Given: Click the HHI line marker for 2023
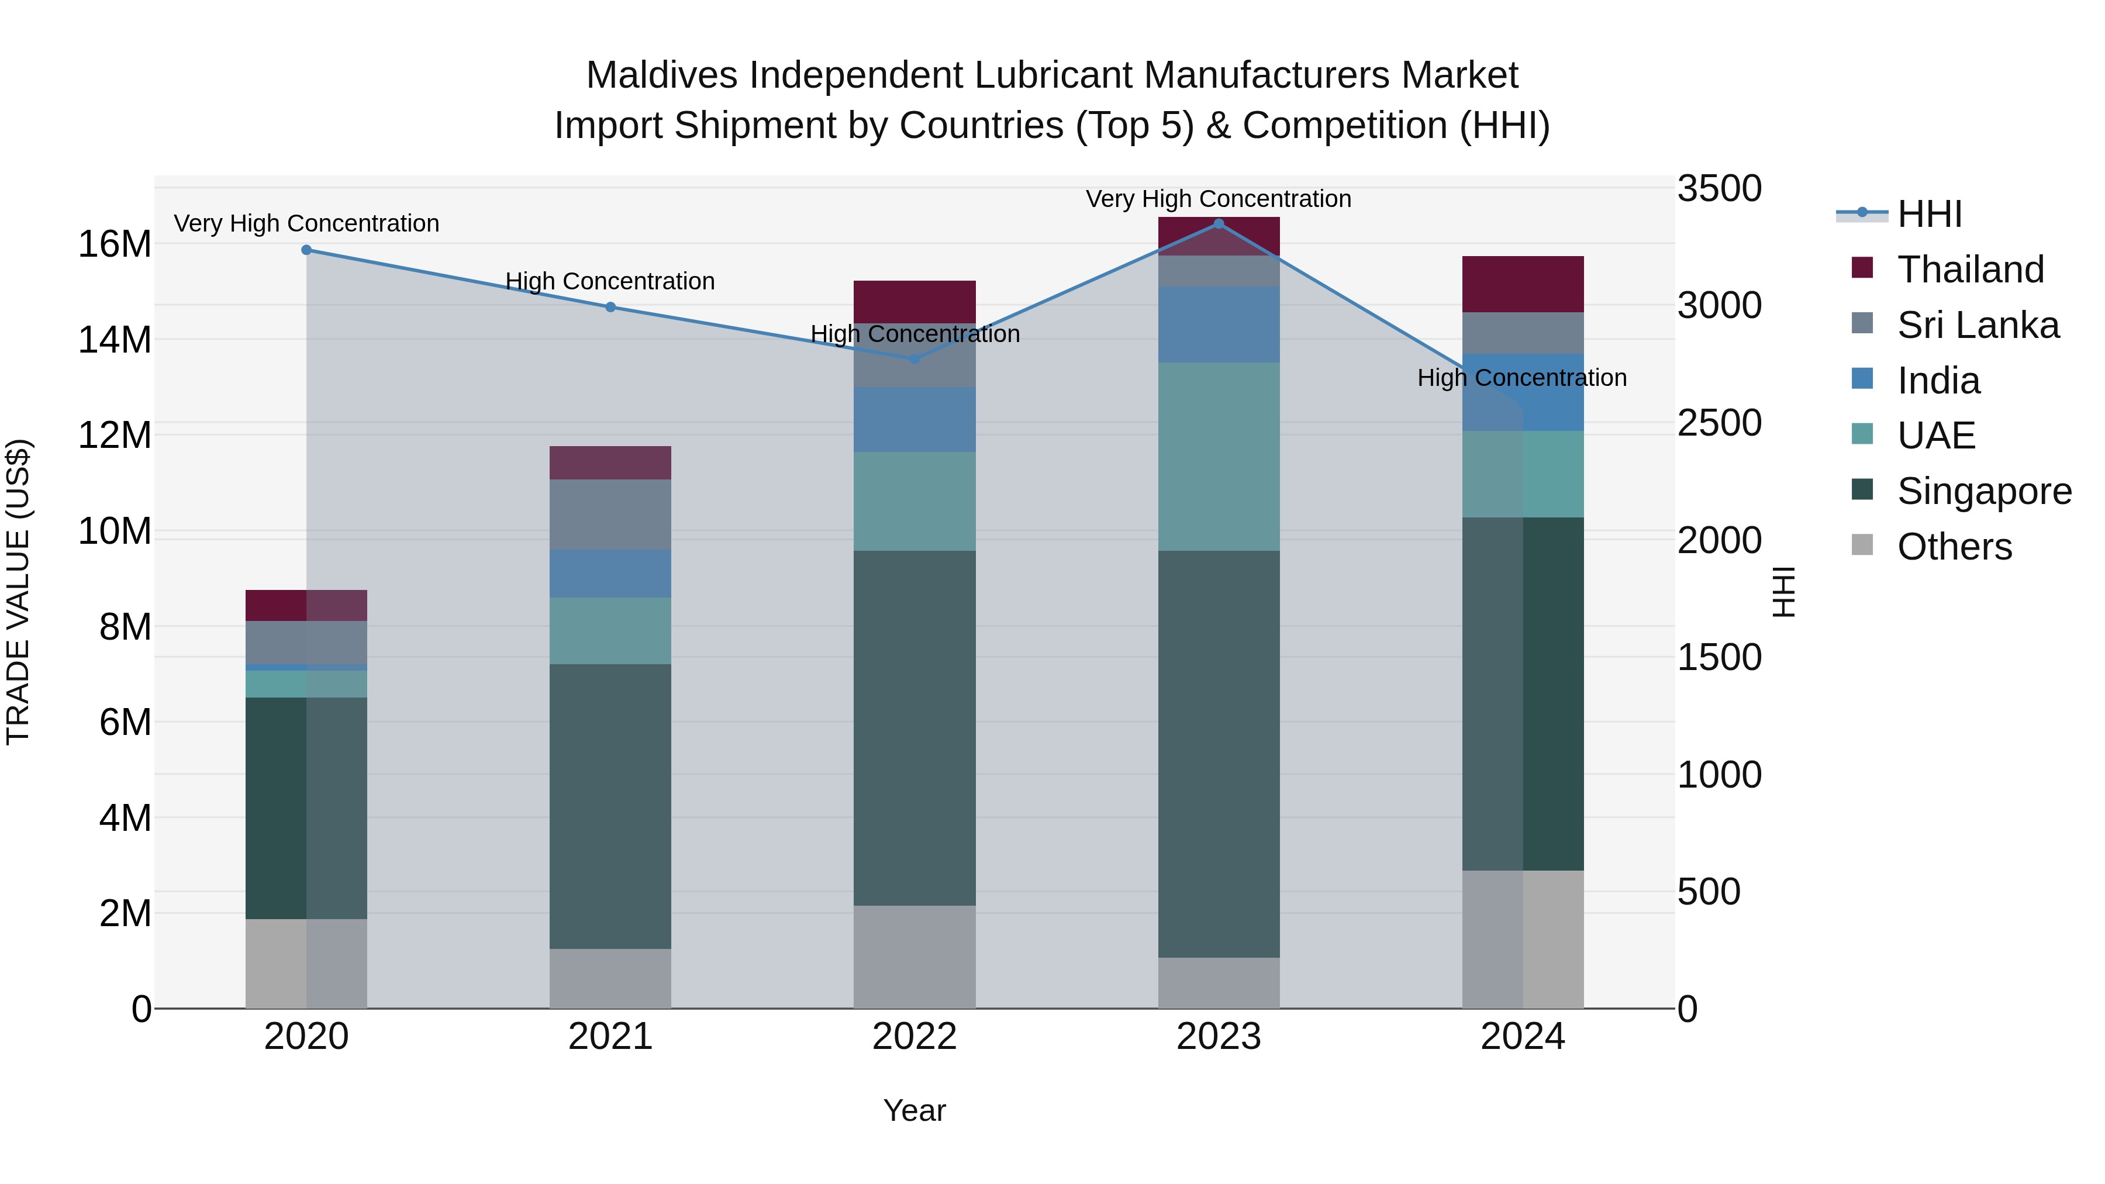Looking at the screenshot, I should (x=1219, y=224).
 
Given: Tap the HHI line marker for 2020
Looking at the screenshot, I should (x=306, y=250).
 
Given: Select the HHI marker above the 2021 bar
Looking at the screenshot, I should (x=610, y=307).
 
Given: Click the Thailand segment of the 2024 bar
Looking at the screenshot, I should (x=1523, y=284).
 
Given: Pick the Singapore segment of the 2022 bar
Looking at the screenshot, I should (x=915, y=727).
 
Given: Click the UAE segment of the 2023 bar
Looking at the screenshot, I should (x=1219, y=456).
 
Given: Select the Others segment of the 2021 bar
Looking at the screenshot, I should (x=610, y=978).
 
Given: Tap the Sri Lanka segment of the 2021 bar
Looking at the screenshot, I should (x=610, y=514).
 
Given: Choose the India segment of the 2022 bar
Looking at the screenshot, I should (x=915, y=419).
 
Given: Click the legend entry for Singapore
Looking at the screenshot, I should (x=1983, y=491).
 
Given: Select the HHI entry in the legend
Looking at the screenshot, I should (x=1928, y=214).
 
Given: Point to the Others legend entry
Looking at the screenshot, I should (x=1954, y=547).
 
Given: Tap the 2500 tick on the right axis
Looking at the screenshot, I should (x=1719, y=423).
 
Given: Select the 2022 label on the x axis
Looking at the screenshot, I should (x=915, y=1037).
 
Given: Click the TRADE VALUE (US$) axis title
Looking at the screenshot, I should (x=18, y=592).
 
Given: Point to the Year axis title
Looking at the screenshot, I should (x=915, y=1110).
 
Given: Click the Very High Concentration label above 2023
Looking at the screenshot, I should (x=1219, y=199).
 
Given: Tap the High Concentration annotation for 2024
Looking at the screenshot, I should (x=1521, y=378).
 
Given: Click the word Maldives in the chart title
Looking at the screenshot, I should (x=662, y=75).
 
